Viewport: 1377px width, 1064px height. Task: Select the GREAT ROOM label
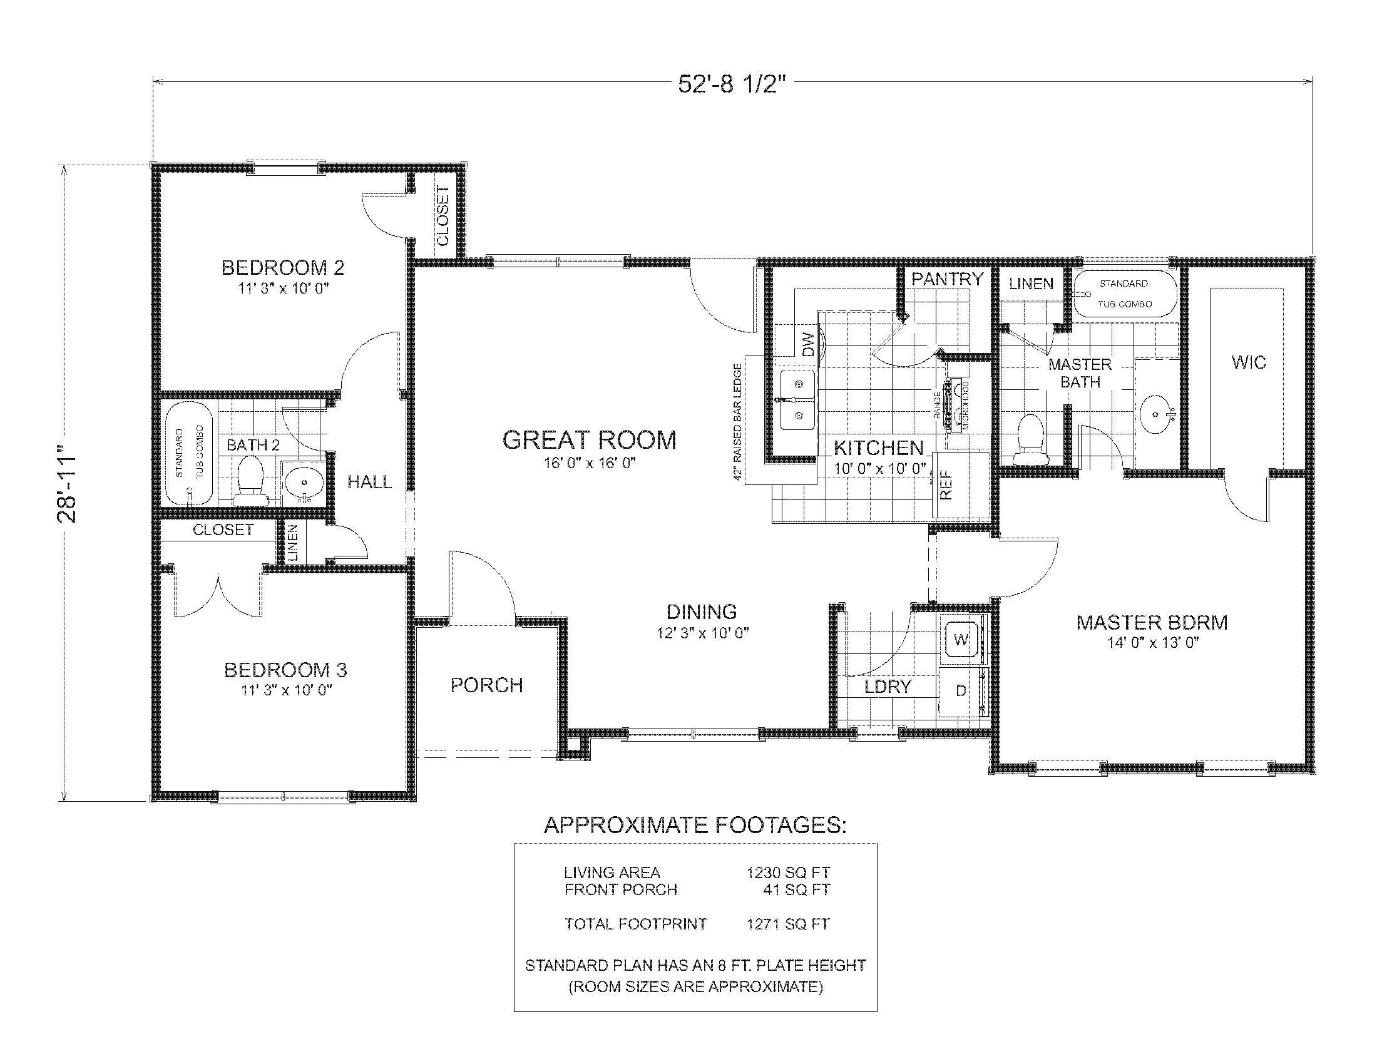(589, 440)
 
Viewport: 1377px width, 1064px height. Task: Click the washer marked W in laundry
(961, 640)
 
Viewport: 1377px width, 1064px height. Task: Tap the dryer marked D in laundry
(961, 691)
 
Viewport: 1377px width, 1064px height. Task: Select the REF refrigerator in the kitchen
(946, 485)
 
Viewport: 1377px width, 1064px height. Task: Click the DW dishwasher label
(809, 344)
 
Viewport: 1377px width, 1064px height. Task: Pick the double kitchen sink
(797, 400)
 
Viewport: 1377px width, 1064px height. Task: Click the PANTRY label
(947, 279)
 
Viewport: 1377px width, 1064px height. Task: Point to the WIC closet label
(1249, 362)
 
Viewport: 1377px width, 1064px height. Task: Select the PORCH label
(487, 685)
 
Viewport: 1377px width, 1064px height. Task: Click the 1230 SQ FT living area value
(788, 873)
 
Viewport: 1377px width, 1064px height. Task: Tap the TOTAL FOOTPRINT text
(635, 924)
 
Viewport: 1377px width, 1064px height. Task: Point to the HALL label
(369, 482)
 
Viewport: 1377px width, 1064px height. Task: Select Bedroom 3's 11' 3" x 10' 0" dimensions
(286, 690)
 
